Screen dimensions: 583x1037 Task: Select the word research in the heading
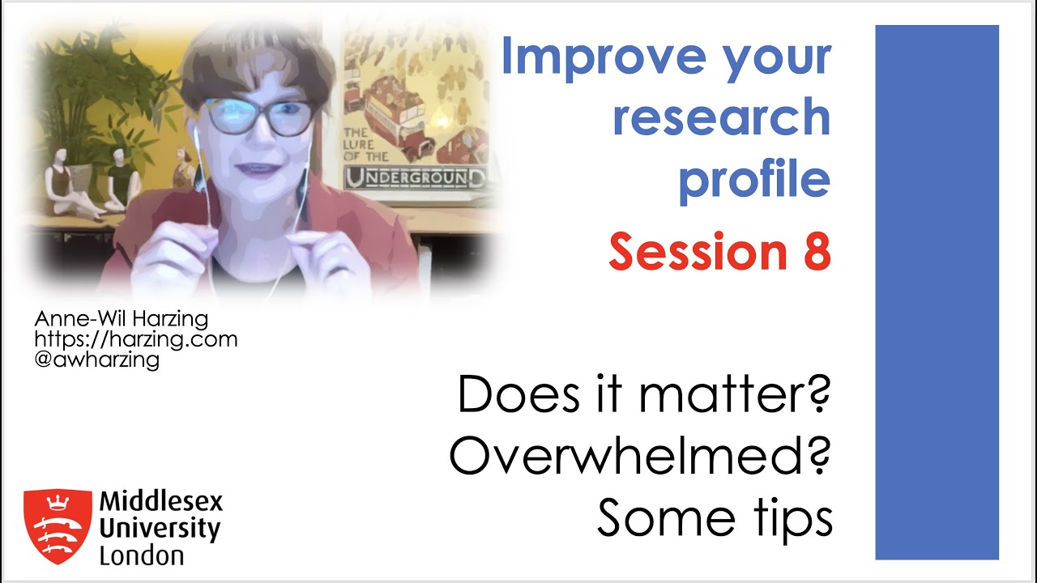coord(721,117)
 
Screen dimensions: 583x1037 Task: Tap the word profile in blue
coord(753,180)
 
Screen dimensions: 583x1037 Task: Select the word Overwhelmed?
coord(640,457)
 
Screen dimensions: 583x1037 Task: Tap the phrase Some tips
coord(715,518)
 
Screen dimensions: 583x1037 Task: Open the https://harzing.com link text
coord(135,339)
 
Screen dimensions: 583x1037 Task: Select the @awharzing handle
coord(96,360)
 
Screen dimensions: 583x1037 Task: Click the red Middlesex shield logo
coord(57,526)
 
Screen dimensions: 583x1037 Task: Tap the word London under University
coord(141,556)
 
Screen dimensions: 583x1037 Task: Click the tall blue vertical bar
coord(937,291)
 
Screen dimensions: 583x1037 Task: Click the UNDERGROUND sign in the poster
coord(416,177)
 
